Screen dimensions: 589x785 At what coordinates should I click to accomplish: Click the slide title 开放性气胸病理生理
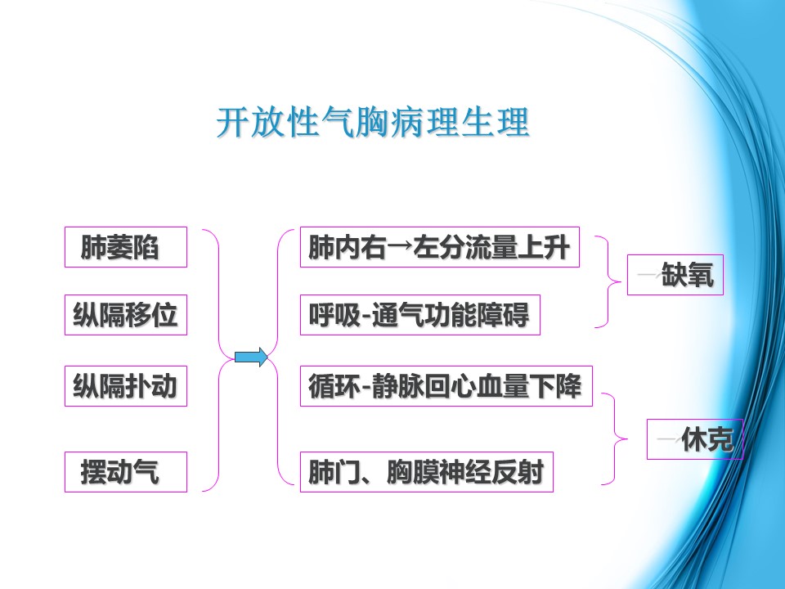pyautogui.click(x=373, y=123)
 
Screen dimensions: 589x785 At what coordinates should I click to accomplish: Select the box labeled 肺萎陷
pyautogui.click(x=126, y=247)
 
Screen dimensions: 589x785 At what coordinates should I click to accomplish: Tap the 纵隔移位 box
pyautogui.click(x=126, y=315)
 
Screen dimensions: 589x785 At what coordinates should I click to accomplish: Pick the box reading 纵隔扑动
pyautogui.click(x=126, y=386)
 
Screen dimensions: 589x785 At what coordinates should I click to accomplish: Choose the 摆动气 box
pyautogui.click(x=126, y=472)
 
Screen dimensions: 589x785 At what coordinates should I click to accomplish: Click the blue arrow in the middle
pyautogui.click(x=251, y=357)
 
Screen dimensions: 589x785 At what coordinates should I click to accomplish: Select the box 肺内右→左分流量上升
pyautogui.click(x=440, y=247)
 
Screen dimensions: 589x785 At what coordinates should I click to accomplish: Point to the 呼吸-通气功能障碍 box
pyautogui.click(x=420, y=315)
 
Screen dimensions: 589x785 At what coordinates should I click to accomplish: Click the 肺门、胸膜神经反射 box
pyautogui.click(x=427, y=472)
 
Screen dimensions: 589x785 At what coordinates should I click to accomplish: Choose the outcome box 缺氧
pyautogui.click(x=675, y=275)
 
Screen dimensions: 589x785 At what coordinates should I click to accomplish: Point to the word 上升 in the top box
pyautogui.click(x=545, y=247)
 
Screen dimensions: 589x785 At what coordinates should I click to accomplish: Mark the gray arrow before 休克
pyautogui.click(x=666, y=440)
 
